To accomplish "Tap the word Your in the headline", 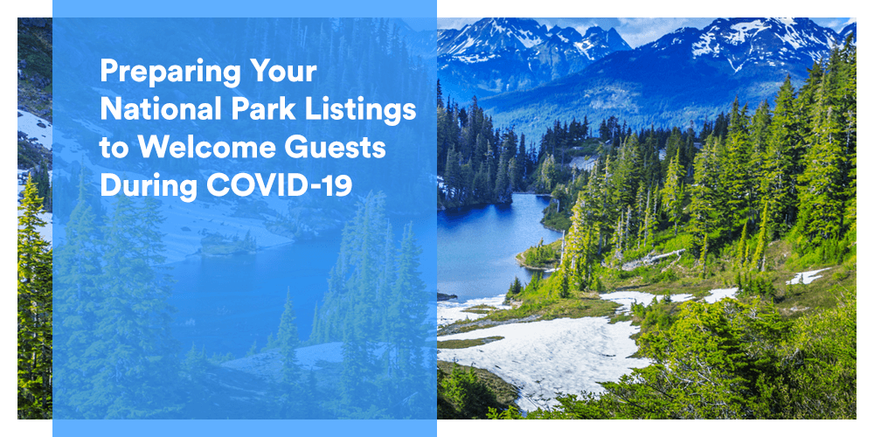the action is (283, 73).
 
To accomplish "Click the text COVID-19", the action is (280, 185).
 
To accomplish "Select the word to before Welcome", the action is (114, 149).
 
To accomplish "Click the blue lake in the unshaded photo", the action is (493, 239).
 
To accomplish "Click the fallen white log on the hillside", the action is (653, 260).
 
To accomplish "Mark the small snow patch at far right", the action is (808, 276).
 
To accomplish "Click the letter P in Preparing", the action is (108, 73).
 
